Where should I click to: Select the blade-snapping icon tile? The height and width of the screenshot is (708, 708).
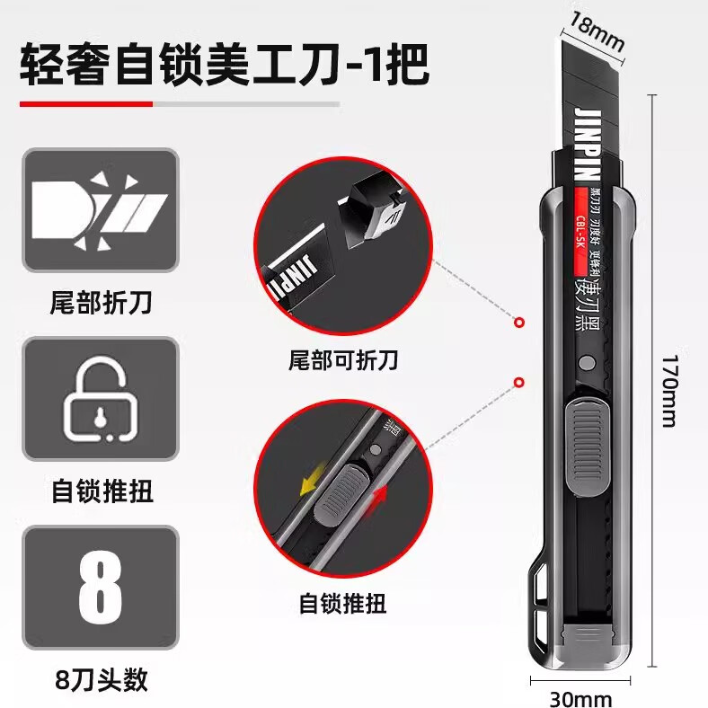pos(101,210)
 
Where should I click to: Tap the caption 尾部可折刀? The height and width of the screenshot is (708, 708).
pos(344,361)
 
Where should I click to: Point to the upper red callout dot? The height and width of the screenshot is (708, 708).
pos(518,322)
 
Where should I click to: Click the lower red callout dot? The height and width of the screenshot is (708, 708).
pos(518,383)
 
